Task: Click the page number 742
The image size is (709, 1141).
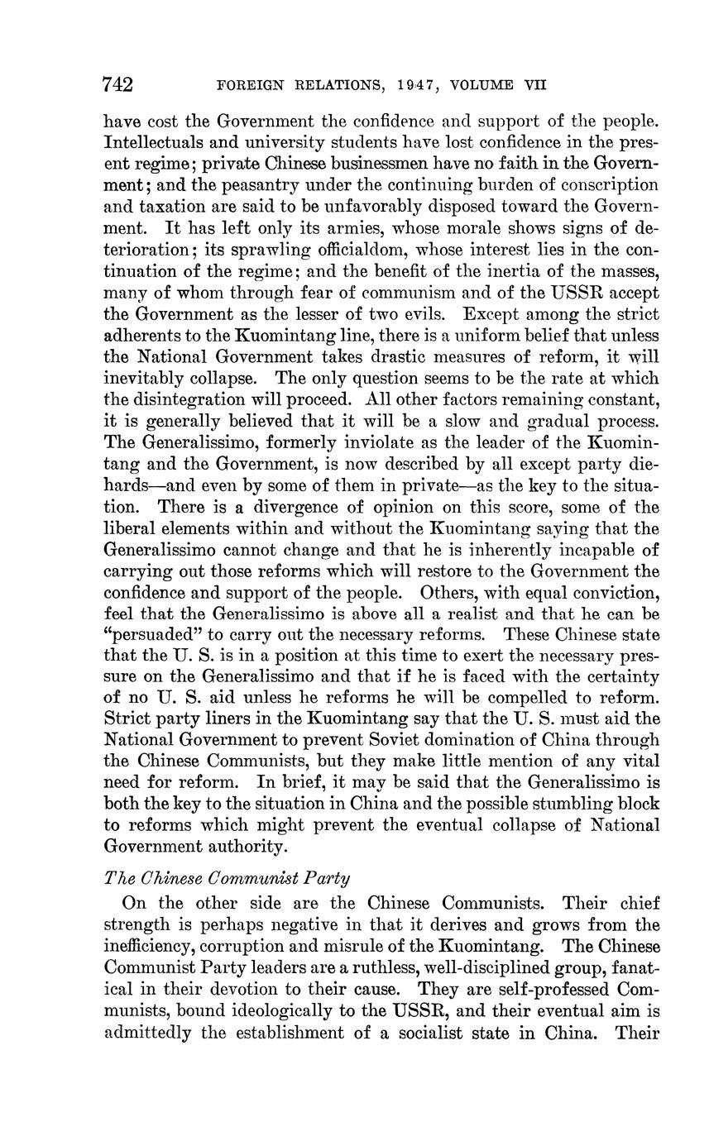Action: tap(117, 84)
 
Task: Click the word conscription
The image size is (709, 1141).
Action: tap(611, 184)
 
